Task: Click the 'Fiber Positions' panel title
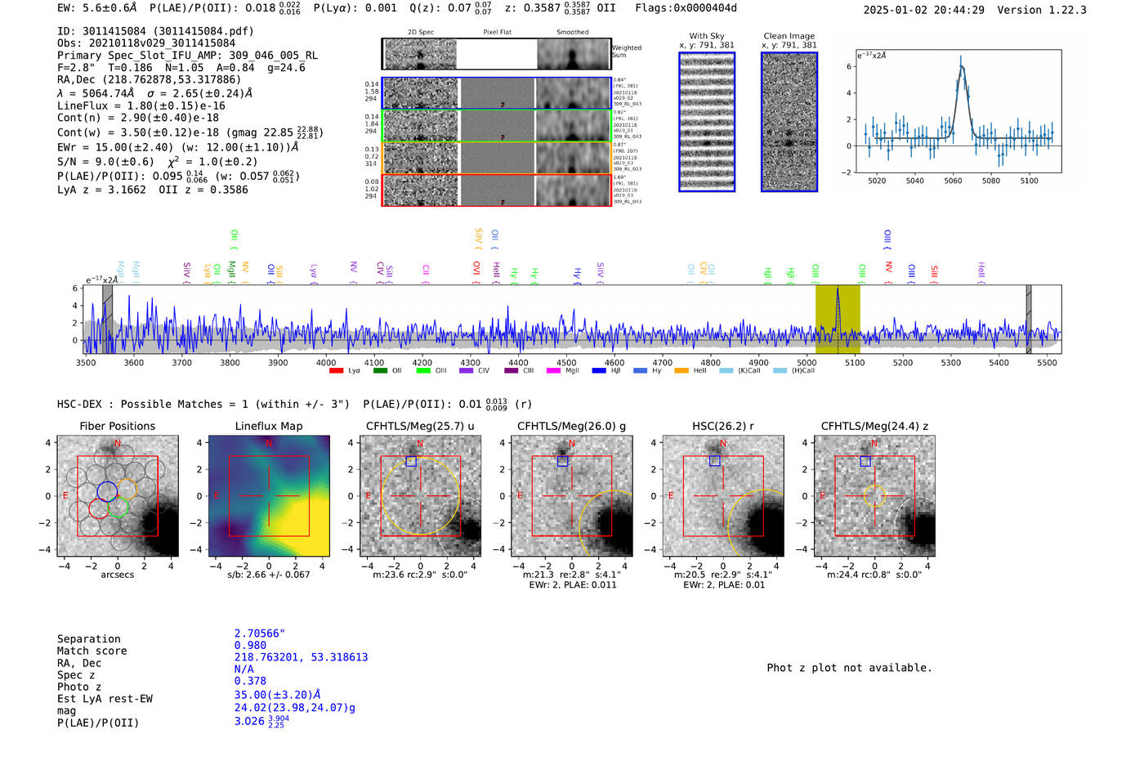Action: pyautogui.click(x=117, y=426)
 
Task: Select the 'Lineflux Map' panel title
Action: pyautogui.click(x=268, y=426)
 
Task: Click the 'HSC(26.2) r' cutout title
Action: pyautogui.click(x=722, y=426)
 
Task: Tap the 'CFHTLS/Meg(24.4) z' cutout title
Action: pyautogui.click(x=874, y=426)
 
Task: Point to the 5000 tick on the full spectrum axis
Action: pyautogui.click(x=807, y=362)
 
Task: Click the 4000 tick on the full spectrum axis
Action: pyautogui.click(x=326, y=362)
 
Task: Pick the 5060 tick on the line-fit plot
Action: pyautogui.click(x=953, y=181)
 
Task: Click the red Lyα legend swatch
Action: pyautogui.click(x=336, y=371)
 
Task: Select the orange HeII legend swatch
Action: pyautogui.click(x=681, y=371)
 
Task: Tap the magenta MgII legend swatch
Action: pyautogui.click(x=553, y=371)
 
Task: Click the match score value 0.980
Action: pyautogui.click(x=250, y=645)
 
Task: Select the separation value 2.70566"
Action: pyautogui.click(x=260, y=633)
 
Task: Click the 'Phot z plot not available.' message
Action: pyautogui.click(x=849, y=668)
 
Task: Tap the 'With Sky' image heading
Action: pyautogui.click(x=707, y=36)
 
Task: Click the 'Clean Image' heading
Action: pyautogui.click(x=789, y=36)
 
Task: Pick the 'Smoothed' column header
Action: pyautogui.click(x=572, y=33)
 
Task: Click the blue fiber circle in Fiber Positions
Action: pyautogui.click(x=107, y=491)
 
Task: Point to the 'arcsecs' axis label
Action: pyautogui.click(x=117, y=575)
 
